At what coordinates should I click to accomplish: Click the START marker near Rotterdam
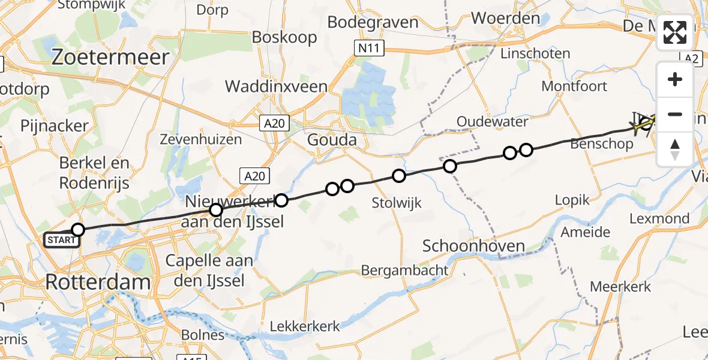[x=61, y=241]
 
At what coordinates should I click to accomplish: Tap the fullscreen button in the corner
[x=675, y=32]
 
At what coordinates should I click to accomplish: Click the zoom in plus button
[x=675, y=79]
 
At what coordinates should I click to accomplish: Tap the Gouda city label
[x=331, y=140]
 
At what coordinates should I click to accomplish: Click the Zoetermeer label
[x=111, y=57]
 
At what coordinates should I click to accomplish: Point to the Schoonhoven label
[x=474, y=245]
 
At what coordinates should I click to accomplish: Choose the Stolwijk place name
[x=396, y=202]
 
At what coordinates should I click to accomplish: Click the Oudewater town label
[x=492, y=122]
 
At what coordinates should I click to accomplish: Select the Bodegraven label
[x=373, y=22]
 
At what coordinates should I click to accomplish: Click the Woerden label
[x=505, y=18]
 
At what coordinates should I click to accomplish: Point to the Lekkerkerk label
[x=305, y=326]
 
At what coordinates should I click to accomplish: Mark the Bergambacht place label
[x=404, y=270]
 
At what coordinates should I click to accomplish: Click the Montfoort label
[x=574, y=86]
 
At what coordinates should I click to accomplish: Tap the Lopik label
[x=572, y=200]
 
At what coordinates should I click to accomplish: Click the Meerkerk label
[x=620, y=286]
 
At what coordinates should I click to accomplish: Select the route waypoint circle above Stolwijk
[x=399, y=176]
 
